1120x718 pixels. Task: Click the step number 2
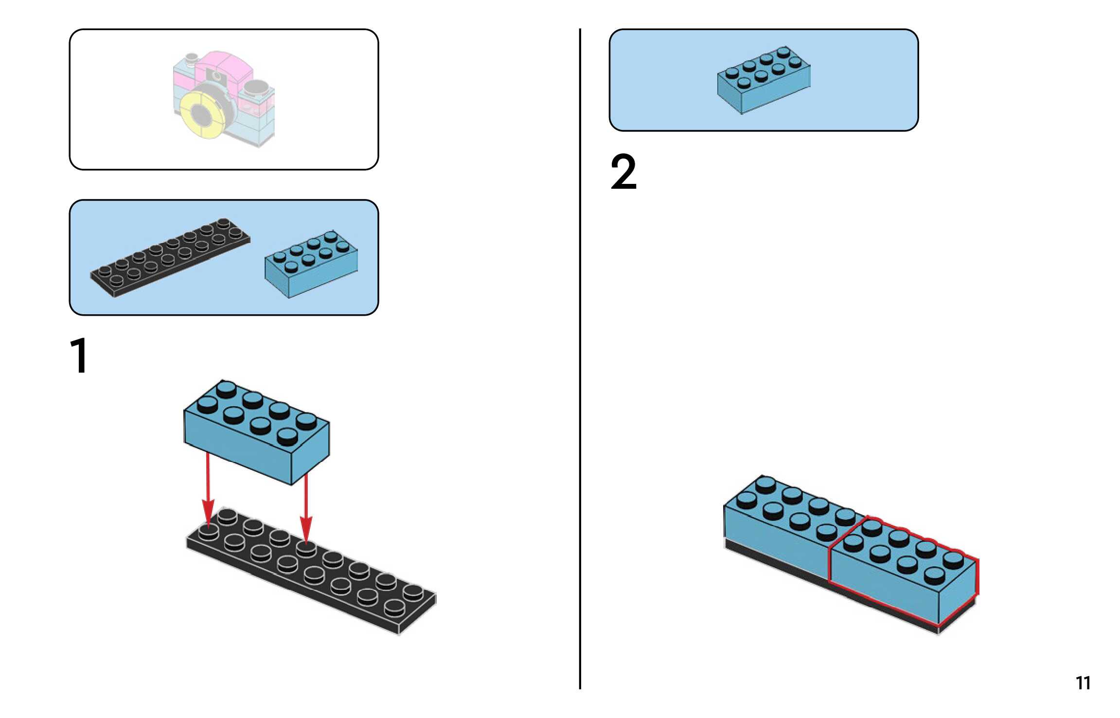click(x=623, y=172)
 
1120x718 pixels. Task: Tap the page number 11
click(x=1083, y=683)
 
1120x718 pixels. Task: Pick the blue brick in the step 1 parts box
click(x=311, y=265)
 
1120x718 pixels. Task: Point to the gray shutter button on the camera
click(x=256, y=88)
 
